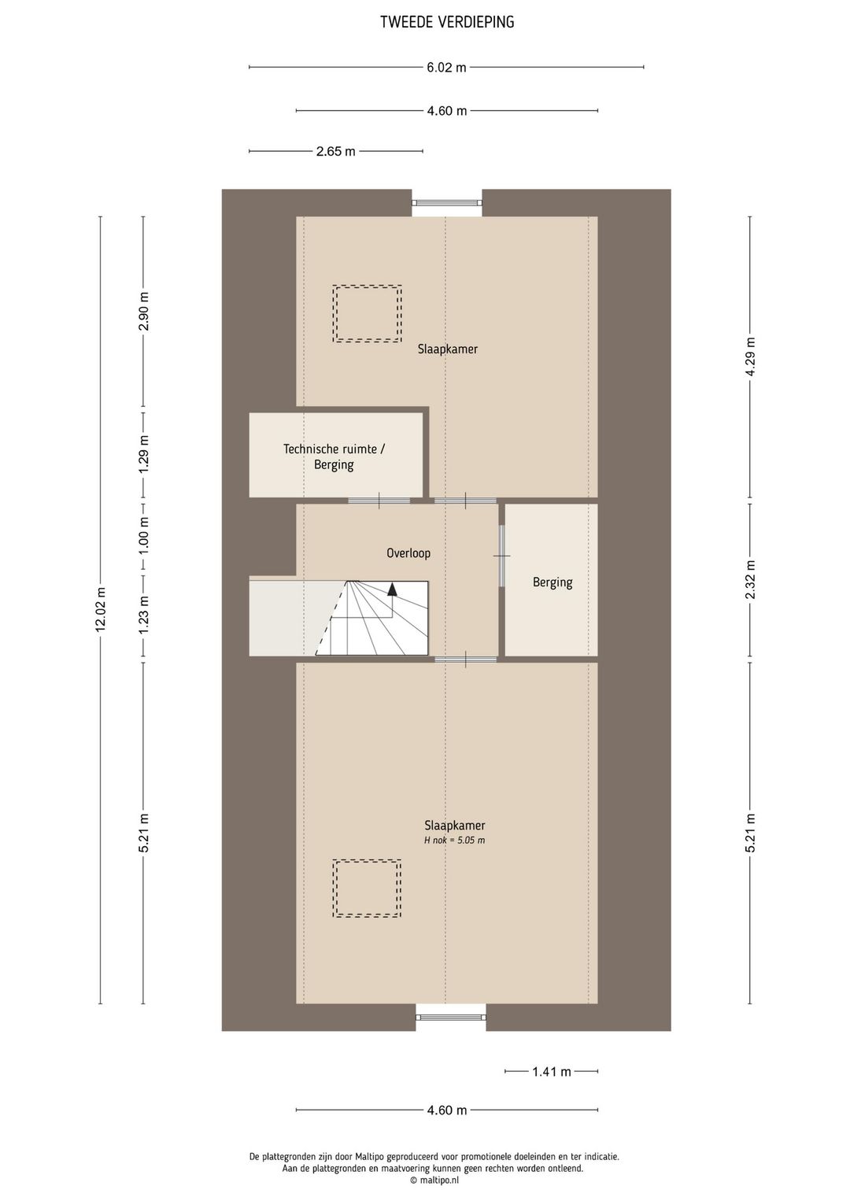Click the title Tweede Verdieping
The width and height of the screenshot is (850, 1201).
click(447, 22)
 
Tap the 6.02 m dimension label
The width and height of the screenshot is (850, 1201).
click(446, 68)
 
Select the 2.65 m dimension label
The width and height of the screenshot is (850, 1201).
click(336, 152)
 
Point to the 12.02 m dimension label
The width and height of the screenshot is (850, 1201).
click(100, 610)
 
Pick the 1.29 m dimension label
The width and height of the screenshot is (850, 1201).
click(143, 454)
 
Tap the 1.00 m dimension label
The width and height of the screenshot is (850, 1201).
click(143, 536)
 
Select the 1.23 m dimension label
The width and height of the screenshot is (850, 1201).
click(143, 615)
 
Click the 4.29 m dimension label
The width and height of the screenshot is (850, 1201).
click(750, 357)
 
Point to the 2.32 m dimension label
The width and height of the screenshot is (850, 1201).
click(750, 579)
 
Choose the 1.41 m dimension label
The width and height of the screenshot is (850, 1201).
click(552, 1072)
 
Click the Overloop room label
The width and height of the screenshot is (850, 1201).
click(408, 552)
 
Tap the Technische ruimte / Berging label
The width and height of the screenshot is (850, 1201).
click(334, 456)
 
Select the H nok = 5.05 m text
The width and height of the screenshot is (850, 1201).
click(455, 841)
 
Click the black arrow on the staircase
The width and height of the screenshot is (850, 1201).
click(393, 589)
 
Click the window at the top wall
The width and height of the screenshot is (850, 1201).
click(447, 203)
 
